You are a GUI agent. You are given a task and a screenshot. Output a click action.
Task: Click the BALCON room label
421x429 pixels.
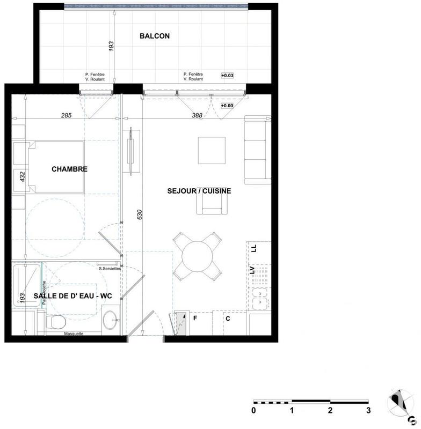pyautogui.click(x=155, y=36)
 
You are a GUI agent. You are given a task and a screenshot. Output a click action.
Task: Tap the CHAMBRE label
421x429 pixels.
pyautogui.click(x=69, y=169)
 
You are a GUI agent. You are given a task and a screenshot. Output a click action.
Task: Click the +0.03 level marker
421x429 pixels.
pyautogui.click(x=228, y=76)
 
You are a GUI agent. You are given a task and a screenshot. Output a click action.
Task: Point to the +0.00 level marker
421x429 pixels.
pyautogui.click(x=227, y=106)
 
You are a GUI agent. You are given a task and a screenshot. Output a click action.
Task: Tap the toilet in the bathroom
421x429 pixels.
pyautogui.click(x=55, y=322)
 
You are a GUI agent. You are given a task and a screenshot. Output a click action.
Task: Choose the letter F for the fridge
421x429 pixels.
pyautogui.click(x=195, y=319)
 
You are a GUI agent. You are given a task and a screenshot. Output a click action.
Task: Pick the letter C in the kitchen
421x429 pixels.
pyautogui.click(x=228, y=319)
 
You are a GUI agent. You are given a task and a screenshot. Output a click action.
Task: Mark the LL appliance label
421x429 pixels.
pyautogui.click(x=255, y=248)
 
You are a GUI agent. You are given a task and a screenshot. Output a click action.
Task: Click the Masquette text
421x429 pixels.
pyautogui.click(x=74, y=334)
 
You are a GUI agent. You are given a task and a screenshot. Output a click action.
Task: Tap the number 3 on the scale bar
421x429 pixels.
pyautogui.click(x=368, y=411)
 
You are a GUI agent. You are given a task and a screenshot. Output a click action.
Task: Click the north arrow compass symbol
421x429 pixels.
pyautogui.click(x=398, y=402)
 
